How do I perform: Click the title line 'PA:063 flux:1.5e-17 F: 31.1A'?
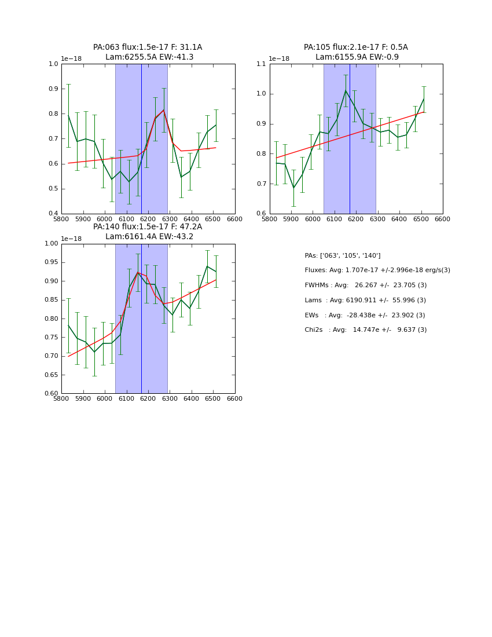point(148,47)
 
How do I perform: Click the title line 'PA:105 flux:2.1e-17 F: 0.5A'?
point(356,47)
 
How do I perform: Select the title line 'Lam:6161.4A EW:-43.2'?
point(149,236)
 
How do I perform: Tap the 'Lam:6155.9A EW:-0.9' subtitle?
point(357,57)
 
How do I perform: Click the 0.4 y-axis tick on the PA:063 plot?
point(53,214)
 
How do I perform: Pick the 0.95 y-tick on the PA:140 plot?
point(51,262)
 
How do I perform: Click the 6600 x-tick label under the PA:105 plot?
point(443,219)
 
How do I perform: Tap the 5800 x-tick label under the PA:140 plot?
point(61,399)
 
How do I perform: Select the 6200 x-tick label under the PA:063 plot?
point(148,219)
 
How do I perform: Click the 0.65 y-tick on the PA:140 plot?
point(51,375)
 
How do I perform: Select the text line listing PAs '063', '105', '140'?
point(343,255)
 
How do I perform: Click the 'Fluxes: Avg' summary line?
point(377,270)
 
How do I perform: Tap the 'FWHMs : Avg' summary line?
point(366,285)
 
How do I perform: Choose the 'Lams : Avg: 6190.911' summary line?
point(365,300)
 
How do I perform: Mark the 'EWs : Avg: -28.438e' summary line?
point(365,315)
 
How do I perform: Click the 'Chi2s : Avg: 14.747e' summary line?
point(366,330)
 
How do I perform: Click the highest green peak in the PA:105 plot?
point(346,90)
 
